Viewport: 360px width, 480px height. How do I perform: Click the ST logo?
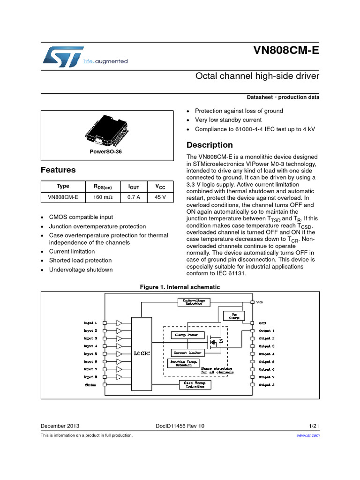62,56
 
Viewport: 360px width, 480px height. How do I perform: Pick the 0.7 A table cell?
134,197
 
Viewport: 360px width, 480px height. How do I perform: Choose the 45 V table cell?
160,197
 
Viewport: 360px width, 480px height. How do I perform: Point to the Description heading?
210,145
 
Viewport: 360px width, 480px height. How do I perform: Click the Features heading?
58,170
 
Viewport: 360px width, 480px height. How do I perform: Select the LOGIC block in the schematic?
142,353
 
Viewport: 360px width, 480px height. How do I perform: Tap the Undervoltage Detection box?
194,302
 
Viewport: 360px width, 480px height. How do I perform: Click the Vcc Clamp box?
234,315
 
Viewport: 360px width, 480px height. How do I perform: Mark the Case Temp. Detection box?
195,385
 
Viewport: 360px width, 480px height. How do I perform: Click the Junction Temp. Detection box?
183,363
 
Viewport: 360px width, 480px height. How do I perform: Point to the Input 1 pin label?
90,322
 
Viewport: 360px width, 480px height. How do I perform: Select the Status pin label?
90,385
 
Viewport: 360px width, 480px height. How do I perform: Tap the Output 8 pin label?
267,385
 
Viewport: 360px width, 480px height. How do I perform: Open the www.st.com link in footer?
308,435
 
